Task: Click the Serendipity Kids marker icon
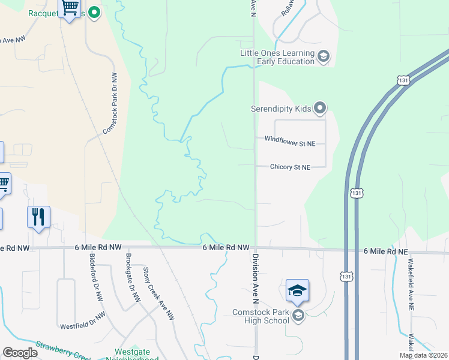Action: (x=320, y=109)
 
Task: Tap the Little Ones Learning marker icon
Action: (x=323, y=57)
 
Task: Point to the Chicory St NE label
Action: (x=290, y=167)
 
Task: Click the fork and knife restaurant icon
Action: (x=38, y=217)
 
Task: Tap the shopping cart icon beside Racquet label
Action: (x=70, y=8)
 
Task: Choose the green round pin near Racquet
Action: (x=94, y=12)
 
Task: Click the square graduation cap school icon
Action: (x=297, y=292)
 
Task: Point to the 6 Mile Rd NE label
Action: (x=385, y=251)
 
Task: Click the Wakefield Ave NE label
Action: (x=411, y=279)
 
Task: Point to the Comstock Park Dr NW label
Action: (x=110, y=103)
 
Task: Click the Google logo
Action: (x=20, y=353)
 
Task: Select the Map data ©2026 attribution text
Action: (x=423, y=355)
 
